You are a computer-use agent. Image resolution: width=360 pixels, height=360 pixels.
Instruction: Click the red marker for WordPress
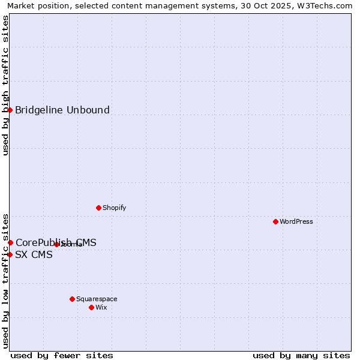coord(275,221)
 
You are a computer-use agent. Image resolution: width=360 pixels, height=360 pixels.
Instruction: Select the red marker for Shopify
coord(98,208)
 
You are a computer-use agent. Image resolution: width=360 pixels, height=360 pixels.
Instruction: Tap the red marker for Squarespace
coord(72,299)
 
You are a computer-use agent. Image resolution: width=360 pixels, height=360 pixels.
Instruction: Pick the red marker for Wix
coord(91,307)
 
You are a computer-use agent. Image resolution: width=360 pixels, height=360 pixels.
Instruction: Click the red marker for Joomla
coord(56,244)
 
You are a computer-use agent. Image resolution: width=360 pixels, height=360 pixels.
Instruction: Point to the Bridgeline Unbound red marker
coord(10,110)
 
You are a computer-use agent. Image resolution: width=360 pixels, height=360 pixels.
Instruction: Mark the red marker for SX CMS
coord(10,254)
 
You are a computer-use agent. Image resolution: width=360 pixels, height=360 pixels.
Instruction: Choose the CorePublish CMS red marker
coord(10,242)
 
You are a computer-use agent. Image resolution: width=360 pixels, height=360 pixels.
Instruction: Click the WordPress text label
coord(296,221)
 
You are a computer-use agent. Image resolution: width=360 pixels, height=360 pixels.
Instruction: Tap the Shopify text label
coord(114,208)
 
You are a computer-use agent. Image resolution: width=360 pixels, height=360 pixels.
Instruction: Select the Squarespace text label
coord(97,299)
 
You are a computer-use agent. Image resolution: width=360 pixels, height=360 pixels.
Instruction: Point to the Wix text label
coord(101,307)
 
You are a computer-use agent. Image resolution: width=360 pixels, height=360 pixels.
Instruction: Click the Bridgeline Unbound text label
coord(62,110)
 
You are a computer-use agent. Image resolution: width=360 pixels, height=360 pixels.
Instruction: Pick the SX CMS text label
coord(34,254)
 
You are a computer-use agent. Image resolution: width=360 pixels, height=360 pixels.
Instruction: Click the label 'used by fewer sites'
coord(62,355)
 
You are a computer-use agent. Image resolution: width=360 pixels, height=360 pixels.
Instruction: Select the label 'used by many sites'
coord(301,355)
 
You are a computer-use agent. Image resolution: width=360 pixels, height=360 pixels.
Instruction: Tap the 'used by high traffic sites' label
coord(5,85)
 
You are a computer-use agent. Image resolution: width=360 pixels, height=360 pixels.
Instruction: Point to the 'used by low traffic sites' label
coord(5,280)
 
